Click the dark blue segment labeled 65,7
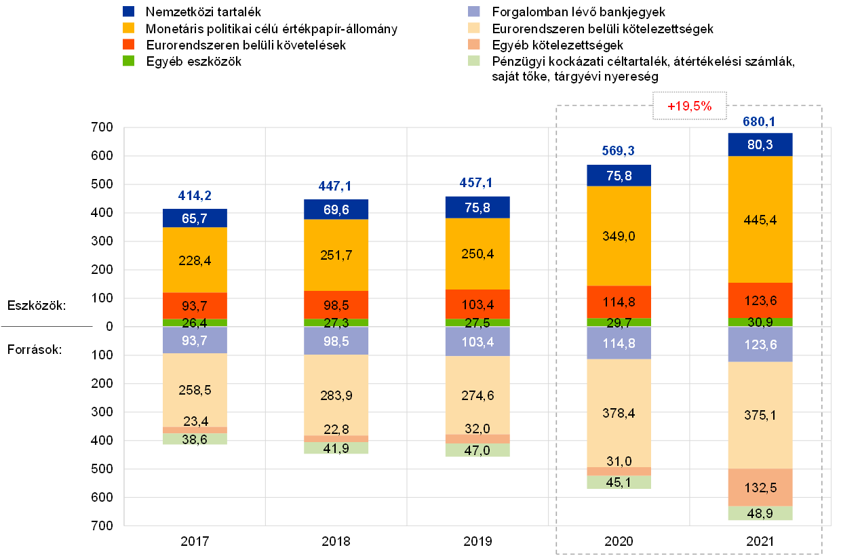point(195,218)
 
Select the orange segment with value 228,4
point(195,260)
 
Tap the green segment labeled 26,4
point(195,323)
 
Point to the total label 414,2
point(195,196)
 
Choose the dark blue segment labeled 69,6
point(336,210)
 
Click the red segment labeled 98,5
point(336,304)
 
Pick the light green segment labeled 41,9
point(336,448)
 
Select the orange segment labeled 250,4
point(477,254)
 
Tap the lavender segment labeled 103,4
point(477,342)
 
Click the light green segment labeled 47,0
point(477,450)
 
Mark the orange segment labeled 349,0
point(619,236)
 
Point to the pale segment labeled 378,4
point(619,412)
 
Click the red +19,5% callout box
point(689,106)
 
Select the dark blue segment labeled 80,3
point(760,144)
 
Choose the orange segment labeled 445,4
point(760,219)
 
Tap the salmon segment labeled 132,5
point(760,488)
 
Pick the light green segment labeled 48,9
point(760,514)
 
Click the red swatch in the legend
point(129,44)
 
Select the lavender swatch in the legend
point(475,12)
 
